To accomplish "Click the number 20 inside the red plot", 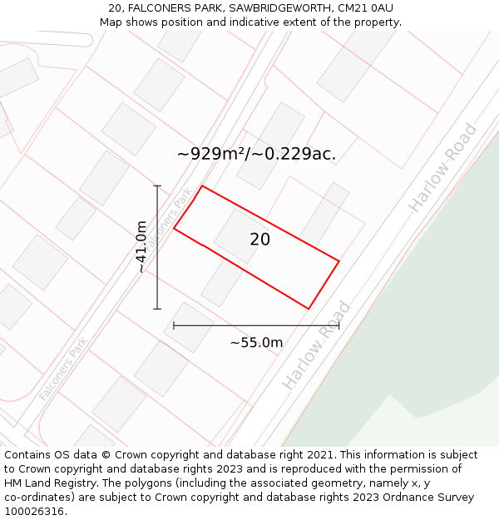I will [259, 240].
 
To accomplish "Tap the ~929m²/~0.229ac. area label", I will [256, 154].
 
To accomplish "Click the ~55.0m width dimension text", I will [256, 343].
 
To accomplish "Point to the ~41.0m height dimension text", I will [141, 246].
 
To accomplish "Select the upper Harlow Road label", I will [442, 168].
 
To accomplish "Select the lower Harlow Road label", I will [316, 345].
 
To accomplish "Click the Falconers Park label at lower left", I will [62, 369].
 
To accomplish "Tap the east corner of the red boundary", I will [338, 261].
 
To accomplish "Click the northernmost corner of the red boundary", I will [202, 186].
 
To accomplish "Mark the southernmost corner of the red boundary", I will [309, 309].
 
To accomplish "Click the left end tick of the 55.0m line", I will [174, 325].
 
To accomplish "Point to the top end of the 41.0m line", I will [157, 186].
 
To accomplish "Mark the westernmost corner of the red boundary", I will [174, 228].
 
